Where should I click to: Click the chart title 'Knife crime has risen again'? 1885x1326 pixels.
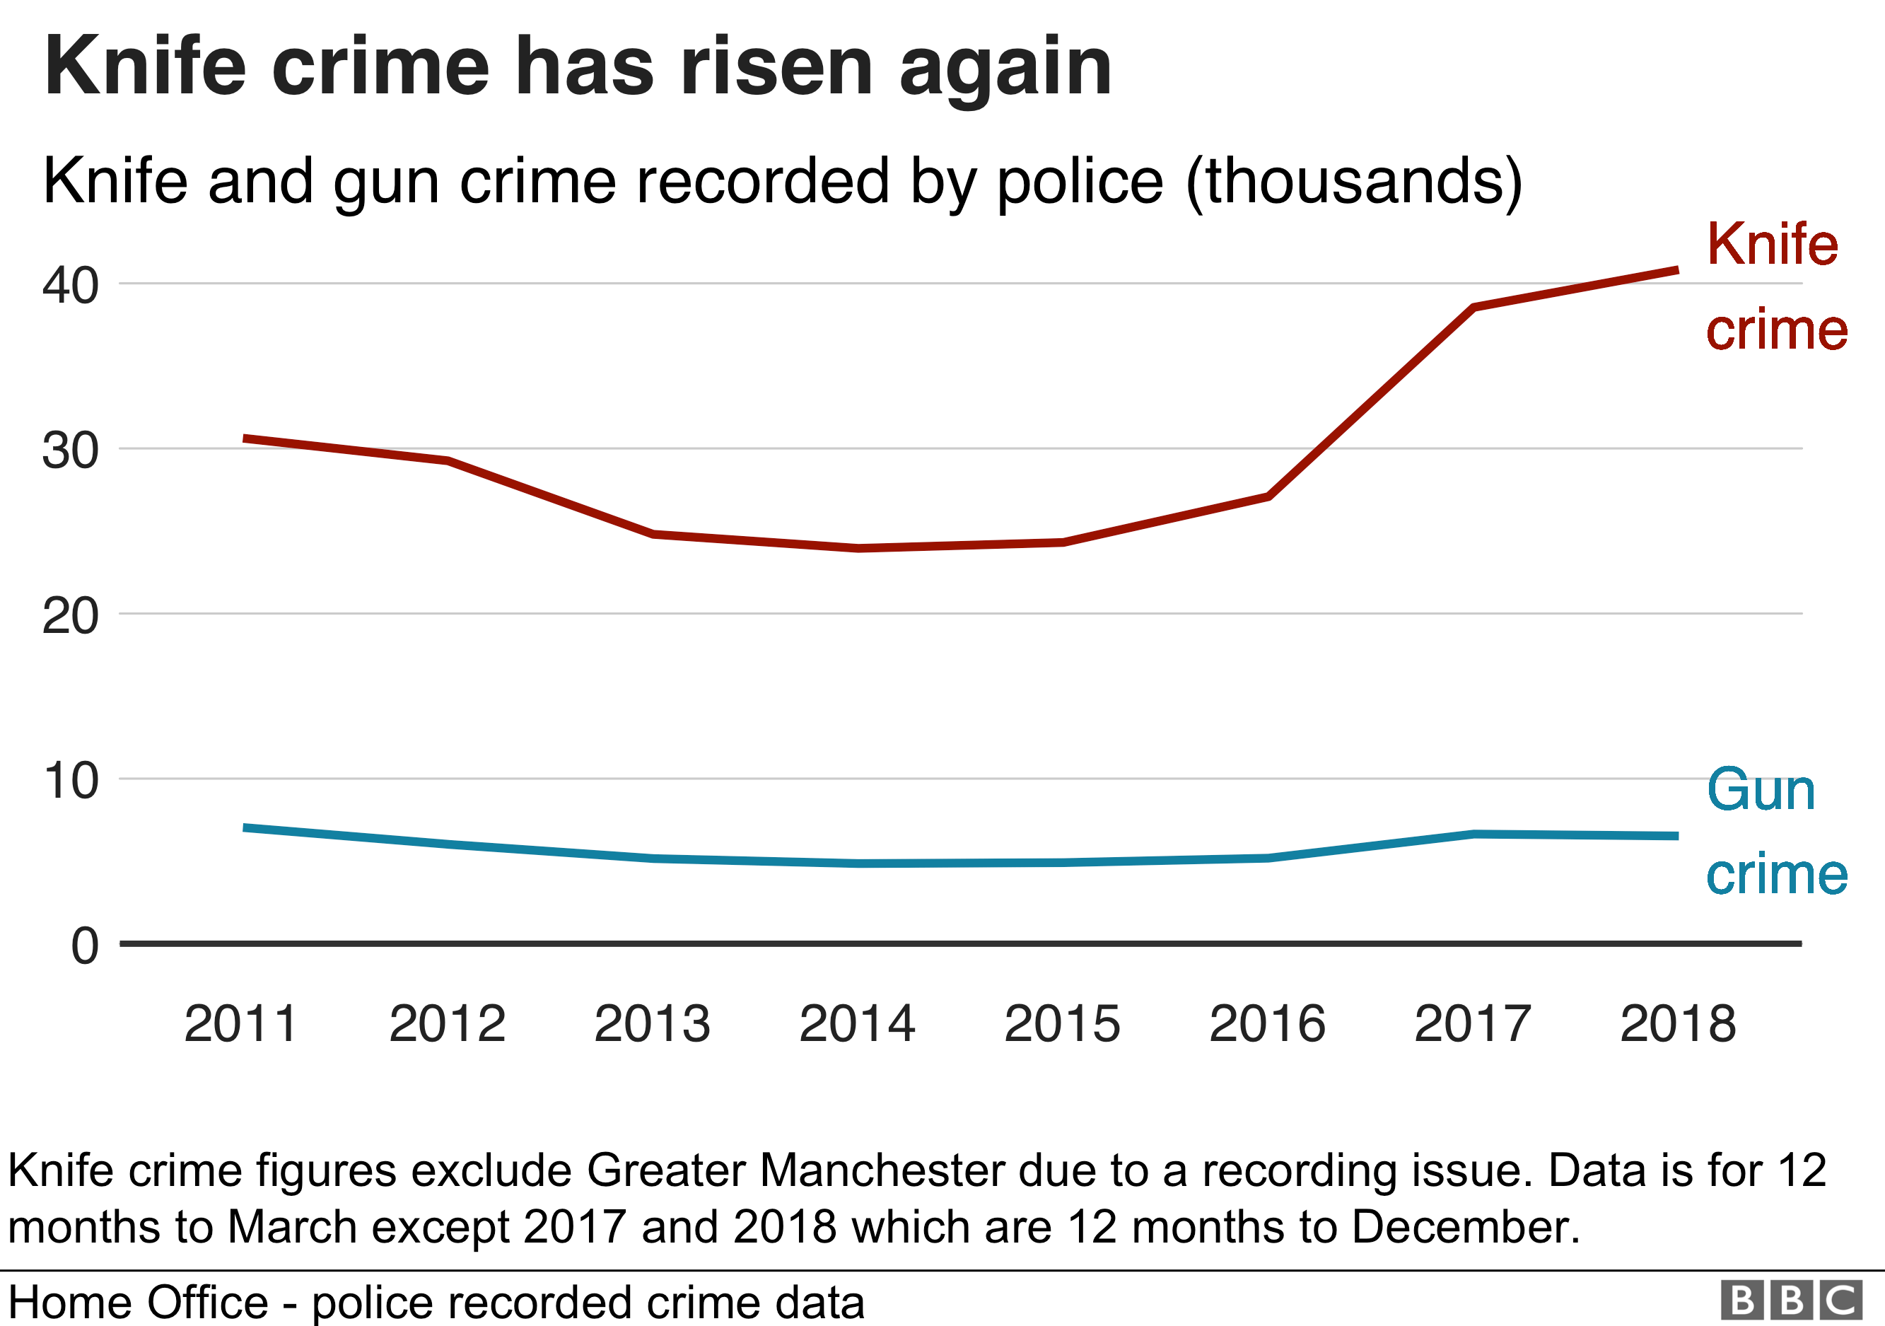point(577,68)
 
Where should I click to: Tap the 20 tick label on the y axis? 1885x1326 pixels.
point(71,617)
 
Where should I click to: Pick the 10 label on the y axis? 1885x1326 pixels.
point(71,781)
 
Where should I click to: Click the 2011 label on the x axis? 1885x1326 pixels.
point(240,1025)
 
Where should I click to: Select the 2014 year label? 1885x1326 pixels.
point(856,1025)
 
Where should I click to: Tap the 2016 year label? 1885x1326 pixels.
point(1267,1025)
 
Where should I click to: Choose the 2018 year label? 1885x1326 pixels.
point(1677,1025)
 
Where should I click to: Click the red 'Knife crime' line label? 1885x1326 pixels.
point(1776,286)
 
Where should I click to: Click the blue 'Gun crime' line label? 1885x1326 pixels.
point(1776,832)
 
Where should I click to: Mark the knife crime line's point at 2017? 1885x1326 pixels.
point(1473,308)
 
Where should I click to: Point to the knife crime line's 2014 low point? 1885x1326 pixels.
point(858,547)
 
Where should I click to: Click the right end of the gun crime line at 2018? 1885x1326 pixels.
point(1675,836)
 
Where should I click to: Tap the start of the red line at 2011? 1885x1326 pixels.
point(246,439)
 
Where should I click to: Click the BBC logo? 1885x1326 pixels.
point(1790,1301)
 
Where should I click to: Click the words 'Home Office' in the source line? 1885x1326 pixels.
point(138,1303)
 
